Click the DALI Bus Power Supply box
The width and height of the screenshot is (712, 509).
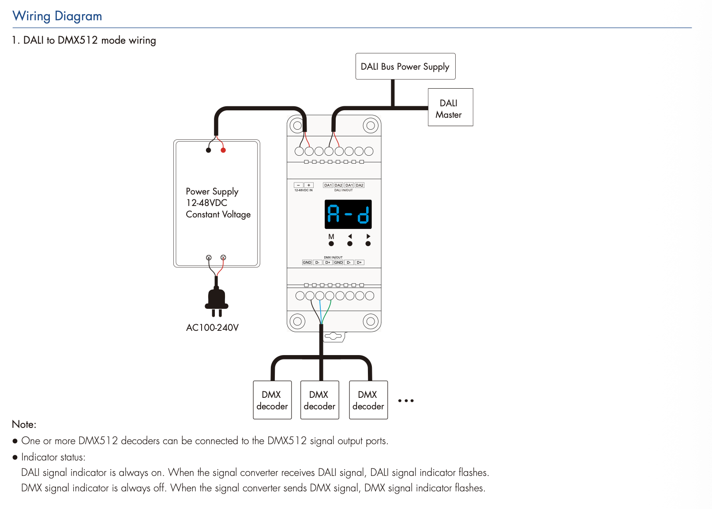click(405, 67)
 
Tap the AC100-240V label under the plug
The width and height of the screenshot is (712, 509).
click(212, 328)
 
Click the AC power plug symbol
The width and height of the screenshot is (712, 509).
click(216, 302)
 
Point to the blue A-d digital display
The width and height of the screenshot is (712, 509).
click(348, 214)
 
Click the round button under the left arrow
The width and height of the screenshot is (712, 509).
click(350, 243)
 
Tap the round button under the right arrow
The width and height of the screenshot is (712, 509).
click(368, 243)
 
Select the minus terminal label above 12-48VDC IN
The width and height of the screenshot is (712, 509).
click(299, 185)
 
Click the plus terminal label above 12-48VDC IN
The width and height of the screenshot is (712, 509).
click(309, 185)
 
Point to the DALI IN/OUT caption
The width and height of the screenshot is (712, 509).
click(343, 191)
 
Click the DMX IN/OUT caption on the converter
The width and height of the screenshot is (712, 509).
click(333, 258)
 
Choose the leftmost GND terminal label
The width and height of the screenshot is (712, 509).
click(307, 262)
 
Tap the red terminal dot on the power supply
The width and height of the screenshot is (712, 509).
click(223, 150)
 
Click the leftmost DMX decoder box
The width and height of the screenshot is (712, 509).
click(272, 400)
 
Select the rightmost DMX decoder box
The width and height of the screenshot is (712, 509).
click(368, 400)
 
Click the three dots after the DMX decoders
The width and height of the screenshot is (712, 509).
click(406, 401)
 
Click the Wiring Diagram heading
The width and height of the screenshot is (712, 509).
click(57, 16)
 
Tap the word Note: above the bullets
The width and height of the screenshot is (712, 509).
click(24, 424)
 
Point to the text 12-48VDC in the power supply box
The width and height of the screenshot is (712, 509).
click(206, 203)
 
